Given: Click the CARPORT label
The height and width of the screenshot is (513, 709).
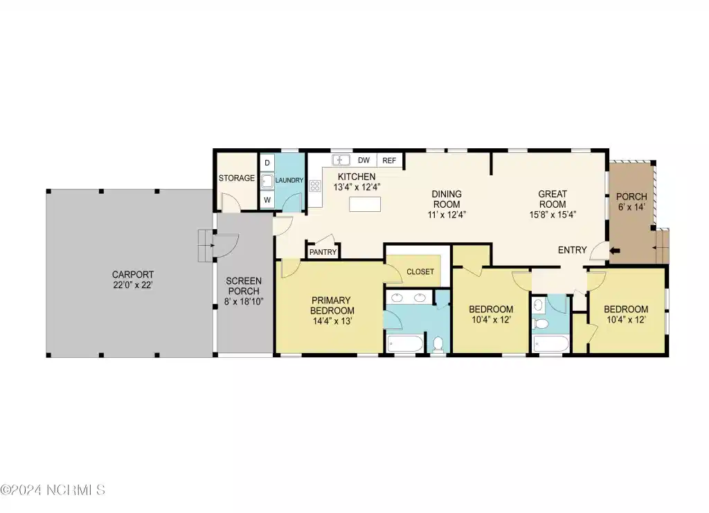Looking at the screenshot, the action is pyautogui.click(x=133, y=274).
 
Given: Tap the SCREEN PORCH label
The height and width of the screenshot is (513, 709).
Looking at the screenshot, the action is pyautogui.click(x=243, y=286).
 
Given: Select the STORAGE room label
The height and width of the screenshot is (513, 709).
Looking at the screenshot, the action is pyautogui.click(x=237, y=178).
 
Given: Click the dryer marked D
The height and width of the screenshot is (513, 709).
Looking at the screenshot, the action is pyautogui.click(x=267, y=163).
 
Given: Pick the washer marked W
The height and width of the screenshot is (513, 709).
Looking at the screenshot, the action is pyautogui.click(x=267, y=200).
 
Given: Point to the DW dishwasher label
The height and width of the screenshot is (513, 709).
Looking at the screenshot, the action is pyautogui.click(x=364, y=160).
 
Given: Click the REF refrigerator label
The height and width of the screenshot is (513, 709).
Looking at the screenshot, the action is pyautogui.click(x=389, y=161).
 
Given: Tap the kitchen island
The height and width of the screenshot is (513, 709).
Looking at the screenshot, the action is pyautogui.click(x=365, y=204).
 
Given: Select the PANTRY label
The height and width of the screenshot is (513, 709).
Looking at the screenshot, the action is pyautogui.click(x=323, y=252).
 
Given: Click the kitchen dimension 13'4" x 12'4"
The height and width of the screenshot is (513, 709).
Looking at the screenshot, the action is pyautogui.click(x=357, y=187).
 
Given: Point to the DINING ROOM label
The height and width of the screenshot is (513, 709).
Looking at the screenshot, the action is pyautogui.click(x=447, y=199).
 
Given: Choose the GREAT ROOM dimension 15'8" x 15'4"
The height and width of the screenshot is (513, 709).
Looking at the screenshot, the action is pyautogui.click(x=553, y=215).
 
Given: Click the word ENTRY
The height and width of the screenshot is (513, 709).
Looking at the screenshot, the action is pyautogui.click(x=572, y=250).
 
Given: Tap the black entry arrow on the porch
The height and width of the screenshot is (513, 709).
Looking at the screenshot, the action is pyautogui.click(x=615, y=251).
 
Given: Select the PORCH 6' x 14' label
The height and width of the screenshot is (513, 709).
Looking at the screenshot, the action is pyautogui.click(x=631, y=201).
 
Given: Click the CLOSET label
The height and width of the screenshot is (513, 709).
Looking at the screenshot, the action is pyautogui.click(x=420, y=271).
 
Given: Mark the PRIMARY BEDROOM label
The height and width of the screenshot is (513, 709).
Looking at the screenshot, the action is pyautogui.click(x=332, y=305).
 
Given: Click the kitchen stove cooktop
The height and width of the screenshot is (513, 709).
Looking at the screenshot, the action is pyautogui.click(x=315, y=186).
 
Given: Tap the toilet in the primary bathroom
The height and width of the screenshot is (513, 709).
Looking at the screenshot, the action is pyautogui.click(x=438, y=344).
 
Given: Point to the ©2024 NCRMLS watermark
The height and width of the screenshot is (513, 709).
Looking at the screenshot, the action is pyautogui.click(x=53, y=489).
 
